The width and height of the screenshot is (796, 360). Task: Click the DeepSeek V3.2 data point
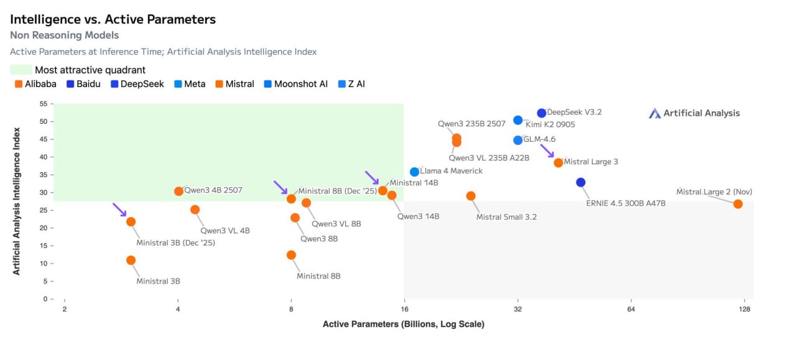(542, 113)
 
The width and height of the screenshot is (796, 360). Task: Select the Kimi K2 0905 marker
(518, 120)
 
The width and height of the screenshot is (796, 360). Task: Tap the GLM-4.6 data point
(518, 140)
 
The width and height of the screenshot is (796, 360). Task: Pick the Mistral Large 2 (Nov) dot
(738, 204)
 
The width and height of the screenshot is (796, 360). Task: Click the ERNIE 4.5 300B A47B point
(581, 182)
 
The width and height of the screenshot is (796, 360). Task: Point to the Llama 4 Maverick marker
(415, 172)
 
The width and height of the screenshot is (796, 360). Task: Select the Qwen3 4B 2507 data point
(179, 191)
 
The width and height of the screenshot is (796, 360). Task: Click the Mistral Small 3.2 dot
(471, 196)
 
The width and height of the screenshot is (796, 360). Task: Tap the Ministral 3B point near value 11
(131, 260)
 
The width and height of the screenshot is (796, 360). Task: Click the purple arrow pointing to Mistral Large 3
(547, 151)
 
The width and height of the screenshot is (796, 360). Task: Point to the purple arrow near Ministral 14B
(371, 178)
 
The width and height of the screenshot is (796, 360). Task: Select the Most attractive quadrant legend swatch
(21, 70)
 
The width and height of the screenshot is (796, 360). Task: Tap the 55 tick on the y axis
(43, 103)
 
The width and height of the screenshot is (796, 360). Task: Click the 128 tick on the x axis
(745, 309)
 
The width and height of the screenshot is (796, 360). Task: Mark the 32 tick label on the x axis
(518, 309)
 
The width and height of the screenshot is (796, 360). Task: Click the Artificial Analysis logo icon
(655, 113)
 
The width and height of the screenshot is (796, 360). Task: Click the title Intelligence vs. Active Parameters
(113, 19)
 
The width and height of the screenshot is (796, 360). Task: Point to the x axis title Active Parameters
(403, 324)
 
